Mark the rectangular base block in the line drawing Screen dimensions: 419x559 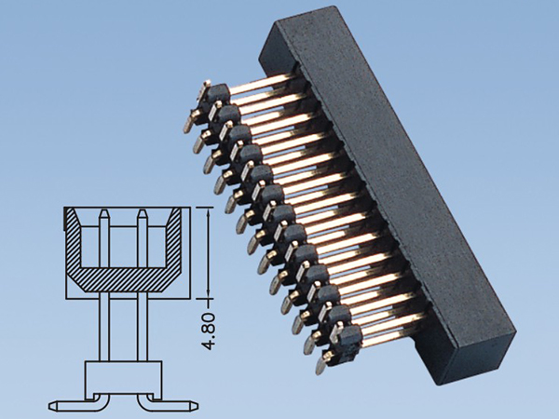[122, 378]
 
